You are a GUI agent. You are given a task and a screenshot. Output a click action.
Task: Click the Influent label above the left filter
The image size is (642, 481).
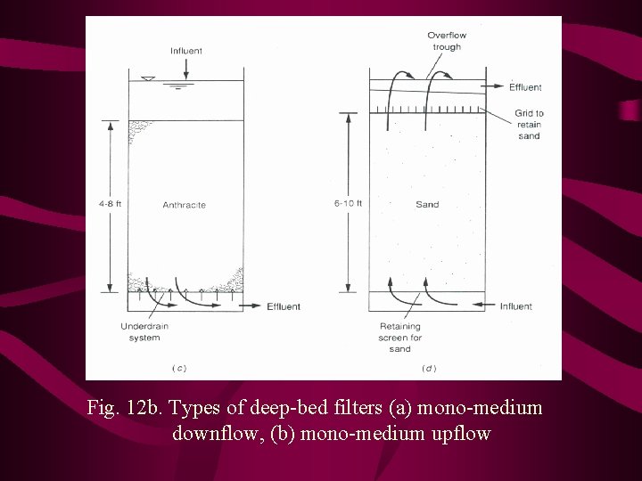tap(185, 51)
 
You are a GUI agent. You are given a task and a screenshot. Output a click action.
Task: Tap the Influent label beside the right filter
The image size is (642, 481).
tap(515, 306)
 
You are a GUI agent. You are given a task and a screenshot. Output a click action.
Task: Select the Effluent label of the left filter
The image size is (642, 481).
tap(284, 306)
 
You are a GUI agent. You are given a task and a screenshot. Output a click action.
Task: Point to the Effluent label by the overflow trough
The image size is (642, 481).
tap(525, 86)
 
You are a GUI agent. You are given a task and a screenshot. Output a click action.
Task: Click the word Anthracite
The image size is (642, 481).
tap(184, 205)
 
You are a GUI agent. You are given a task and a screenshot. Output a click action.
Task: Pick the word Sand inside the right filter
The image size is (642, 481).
tap(427, 205)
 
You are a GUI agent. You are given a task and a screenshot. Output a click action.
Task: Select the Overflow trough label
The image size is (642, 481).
tap(447, 41)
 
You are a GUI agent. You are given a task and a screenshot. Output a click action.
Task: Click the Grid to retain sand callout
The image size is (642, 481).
tap(529, 125)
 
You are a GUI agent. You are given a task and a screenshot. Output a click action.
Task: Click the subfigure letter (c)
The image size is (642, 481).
tap(178, 367)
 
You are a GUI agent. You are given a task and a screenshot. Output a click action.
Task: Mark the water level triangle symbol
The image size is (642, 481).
tap(149, 80)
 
